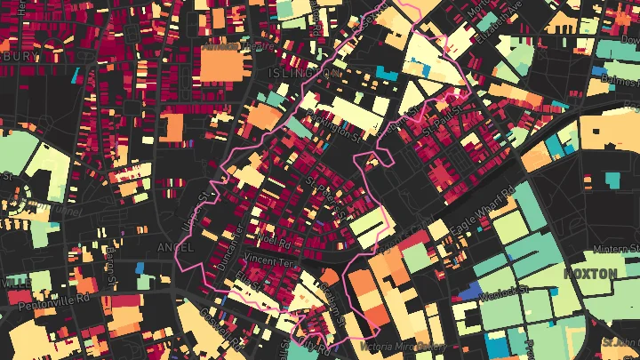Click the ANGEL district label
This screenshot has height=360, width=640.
coord(174,246)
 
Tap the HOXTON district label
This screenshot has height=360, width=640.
coord(589,273)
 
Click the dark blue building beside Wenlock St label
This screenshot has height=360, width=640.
coord(466,292)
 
